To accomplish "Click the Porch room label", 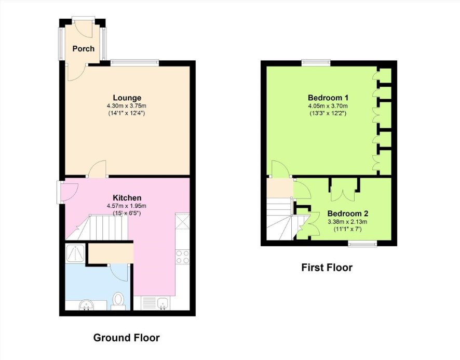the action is click(83, 48).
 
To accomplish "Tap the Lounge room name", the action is click(127, 98).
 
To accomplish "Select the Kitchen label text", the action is click(127, 198).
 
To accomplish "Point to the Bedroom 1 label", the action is click(328, 98).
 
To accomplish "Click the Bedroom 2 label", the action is click(348, 214).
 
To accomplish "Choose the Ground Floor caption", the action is click(127, 338).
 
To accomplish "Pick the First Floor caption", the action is click(327, 268).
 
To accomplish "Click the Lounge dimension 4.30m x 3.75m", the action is click(127, 106).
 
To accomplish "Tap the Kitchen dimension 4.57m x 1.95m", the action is click(127, 206).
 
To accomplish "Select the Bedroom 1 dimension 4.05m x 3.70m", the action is click(328, 106).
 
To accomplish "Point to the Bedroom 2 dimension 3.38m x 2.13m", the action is click(348, 222).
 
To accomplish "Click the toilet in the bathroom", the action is click(118, 301).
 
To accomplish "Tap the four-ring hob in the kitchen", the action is click(182, 257).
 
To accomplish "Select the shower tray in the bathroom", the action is click(75, 253).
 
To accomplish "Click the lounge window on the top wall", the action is click(134, 62).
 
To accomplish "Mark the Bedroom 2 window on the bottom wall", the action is click(362, 244).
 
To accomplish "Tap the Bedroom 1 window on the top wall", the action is click(316, 62).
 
